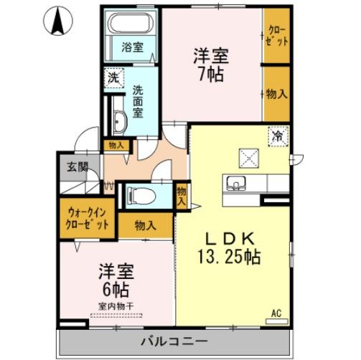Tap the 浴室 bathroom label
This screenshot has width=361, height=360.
coord(131,47)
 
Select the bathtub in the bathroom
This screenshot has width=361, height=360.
coord(131,25)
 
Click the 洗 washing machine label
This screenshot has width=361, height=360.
coord(114,76)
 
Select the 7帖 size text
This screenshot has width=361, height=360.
coord(211,73)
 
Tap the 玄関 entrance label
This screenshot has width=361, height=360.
coord(78,167)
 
